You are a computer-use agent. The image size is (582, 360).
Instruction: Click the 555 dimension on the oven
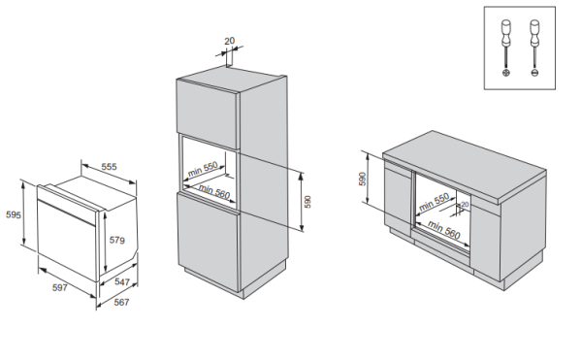(x=109, y=167)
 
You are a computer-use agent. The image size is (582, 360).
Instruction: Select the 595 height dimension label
(x=14, y=214)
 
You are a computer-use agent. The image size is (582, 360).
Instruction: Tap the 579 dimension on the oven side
(x=117, y=241)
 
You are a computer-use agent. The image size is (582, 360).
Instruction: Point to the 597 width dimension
(x=60, y=287)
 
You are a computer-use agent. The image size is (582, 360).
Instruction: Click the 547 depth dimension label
(x=122, y=282)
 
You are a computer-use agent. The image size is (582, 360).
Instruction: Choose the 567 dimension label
(x=121, y=303)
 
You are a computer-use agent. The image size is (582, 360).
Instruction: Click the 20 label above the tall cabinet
(x=230, y=41)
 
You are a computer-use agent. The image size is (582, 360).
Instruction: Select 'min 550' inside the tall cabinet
(x=203, y=169)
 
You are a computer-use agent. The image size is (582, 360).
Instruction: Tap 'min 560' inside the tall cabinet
(x=214, y=191)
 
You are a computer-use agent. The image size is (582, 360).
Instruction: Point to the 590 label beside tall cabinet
(x=307, y=202)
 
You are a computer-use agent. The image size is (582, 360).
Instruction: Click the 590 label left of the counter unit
(x=363, y=179)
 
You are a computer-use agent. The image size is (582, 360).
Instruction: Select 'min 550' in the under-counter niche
(x=434, y=202)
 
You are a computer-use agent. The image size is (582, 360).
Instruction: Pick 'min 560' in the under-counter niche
(x=444, y=230)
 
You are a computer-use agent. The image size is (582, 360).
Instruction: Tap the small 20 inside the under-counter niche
(x=465, y=205)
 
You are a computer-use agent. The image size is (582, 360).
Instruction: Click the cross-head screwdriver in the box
(x=506, y=49)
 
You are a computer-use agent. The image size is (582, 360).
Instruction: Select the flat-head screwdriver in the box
(x=534, y=49)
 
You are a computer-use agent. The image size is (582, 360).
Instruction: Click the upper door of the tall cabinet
(x=207, y=115)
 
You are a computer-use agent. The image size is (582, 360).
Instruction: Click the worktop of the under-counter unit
(x=464, y=165)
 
